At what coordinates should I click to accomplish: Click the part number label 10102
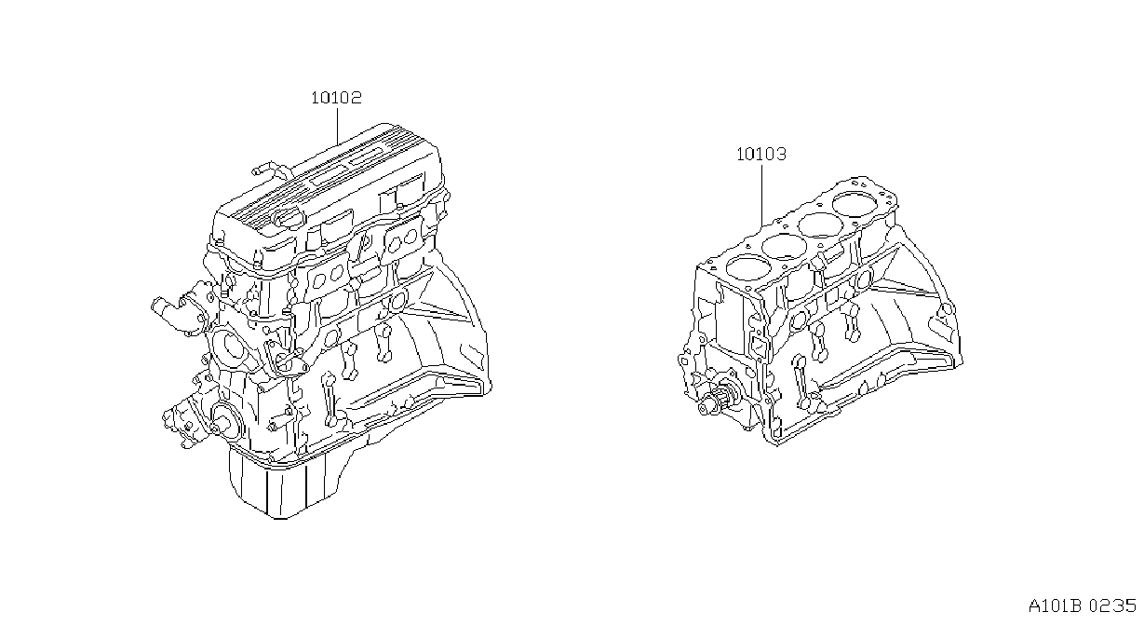click(337, 98)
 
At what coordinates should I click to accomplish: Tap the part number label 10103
click(761, 154)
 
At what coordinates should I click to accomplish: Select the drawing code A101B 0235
click(1083, 606)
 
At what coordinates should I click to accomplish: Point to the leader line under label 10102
click(338, 126)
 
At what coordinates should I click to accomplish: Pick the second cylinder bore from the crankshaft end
click(781, 248)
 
